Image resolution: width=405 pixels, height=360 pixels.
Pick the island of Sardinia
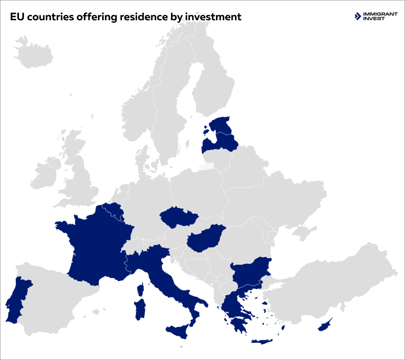click(140, 310)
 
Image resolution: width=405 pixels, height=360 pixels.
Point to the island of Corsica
click(141, 289)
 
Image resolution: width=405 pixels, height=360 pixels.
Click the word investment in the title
click(211, 17)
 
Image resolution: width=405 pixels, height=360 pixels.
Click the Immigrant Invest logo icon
click(358, 17)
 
